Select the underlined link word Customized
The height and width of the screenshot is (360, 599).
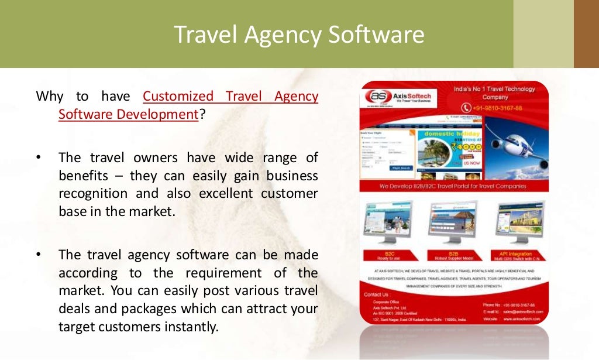click(x=178, y=96)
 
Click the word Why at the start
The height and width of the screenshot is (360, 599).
click(x=50, y=96)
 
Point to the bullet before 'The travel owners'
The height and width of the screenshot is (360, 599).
click(x=38, y=158)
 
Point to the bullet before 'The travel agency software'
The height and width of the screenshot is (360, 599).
click(x=38, y=255)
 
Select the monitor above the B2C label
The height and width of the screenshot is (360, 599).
click(x=387, y=221)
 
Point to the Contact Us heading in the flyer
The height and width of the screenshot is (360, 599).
click(x=376, y=294)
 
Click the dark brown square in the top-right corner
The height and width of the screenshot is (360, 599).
click(x=586, y=34)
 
